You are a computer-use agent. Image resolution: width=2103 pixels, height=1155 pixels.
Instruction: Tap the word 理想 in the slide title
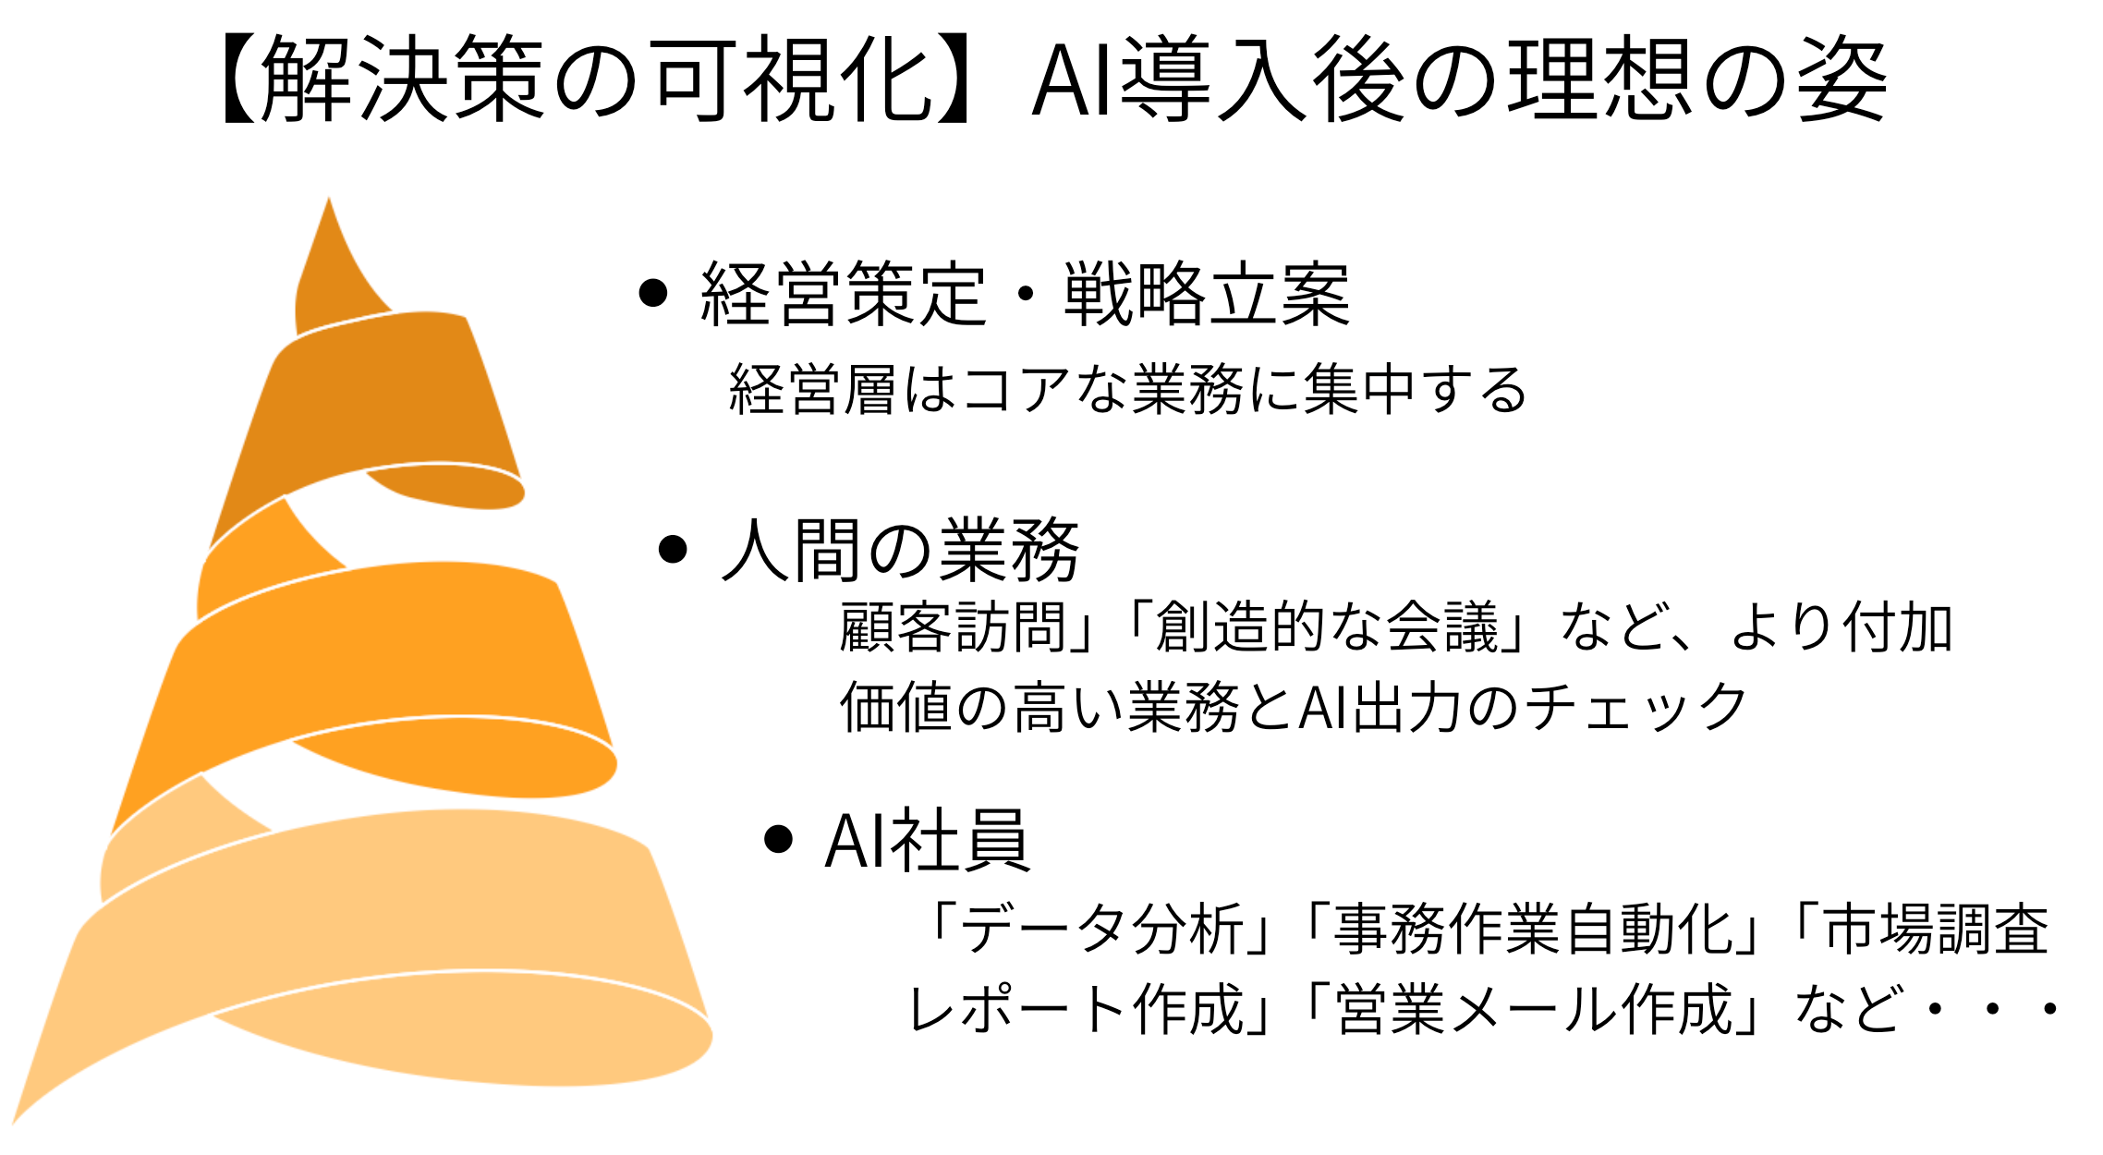(1599, 79)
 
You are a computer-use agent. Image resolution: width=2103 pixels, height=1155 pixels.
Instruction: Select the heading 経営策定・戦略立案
(1026, 295)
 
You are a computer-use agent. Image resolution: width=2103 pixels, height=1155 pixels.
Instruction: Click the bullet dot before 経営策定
(653, 293)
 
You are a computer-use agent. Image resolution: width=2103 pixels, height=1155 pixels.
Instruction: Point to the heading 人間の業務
(900, 551)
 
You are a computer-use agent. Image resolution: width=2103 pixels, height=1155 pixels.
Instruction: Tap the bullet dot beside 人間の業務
(674, 550)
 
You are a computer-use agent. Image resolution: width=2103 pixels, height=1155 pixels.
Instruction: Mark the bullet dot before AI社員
(779, 839)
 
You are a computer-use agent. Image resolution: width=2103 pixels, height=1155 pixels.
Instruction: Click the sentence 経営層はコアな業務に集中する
(1127, 389)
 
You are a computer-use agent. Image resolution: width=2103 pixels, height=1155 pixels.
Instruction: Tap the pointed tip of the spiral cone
(329, 203)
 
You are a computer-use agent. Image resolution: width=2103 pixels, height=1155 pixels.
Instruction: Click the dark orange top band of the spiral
(388, 397)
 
